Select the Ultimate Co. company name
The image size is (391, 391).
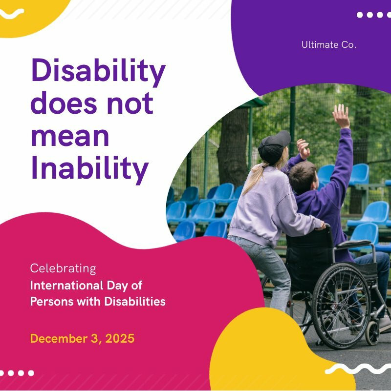[x=328, y=45]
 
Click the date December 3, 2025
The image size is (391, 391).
[x=82, y=338]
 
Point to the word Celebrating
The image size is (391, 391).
[x=63, y=268]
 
